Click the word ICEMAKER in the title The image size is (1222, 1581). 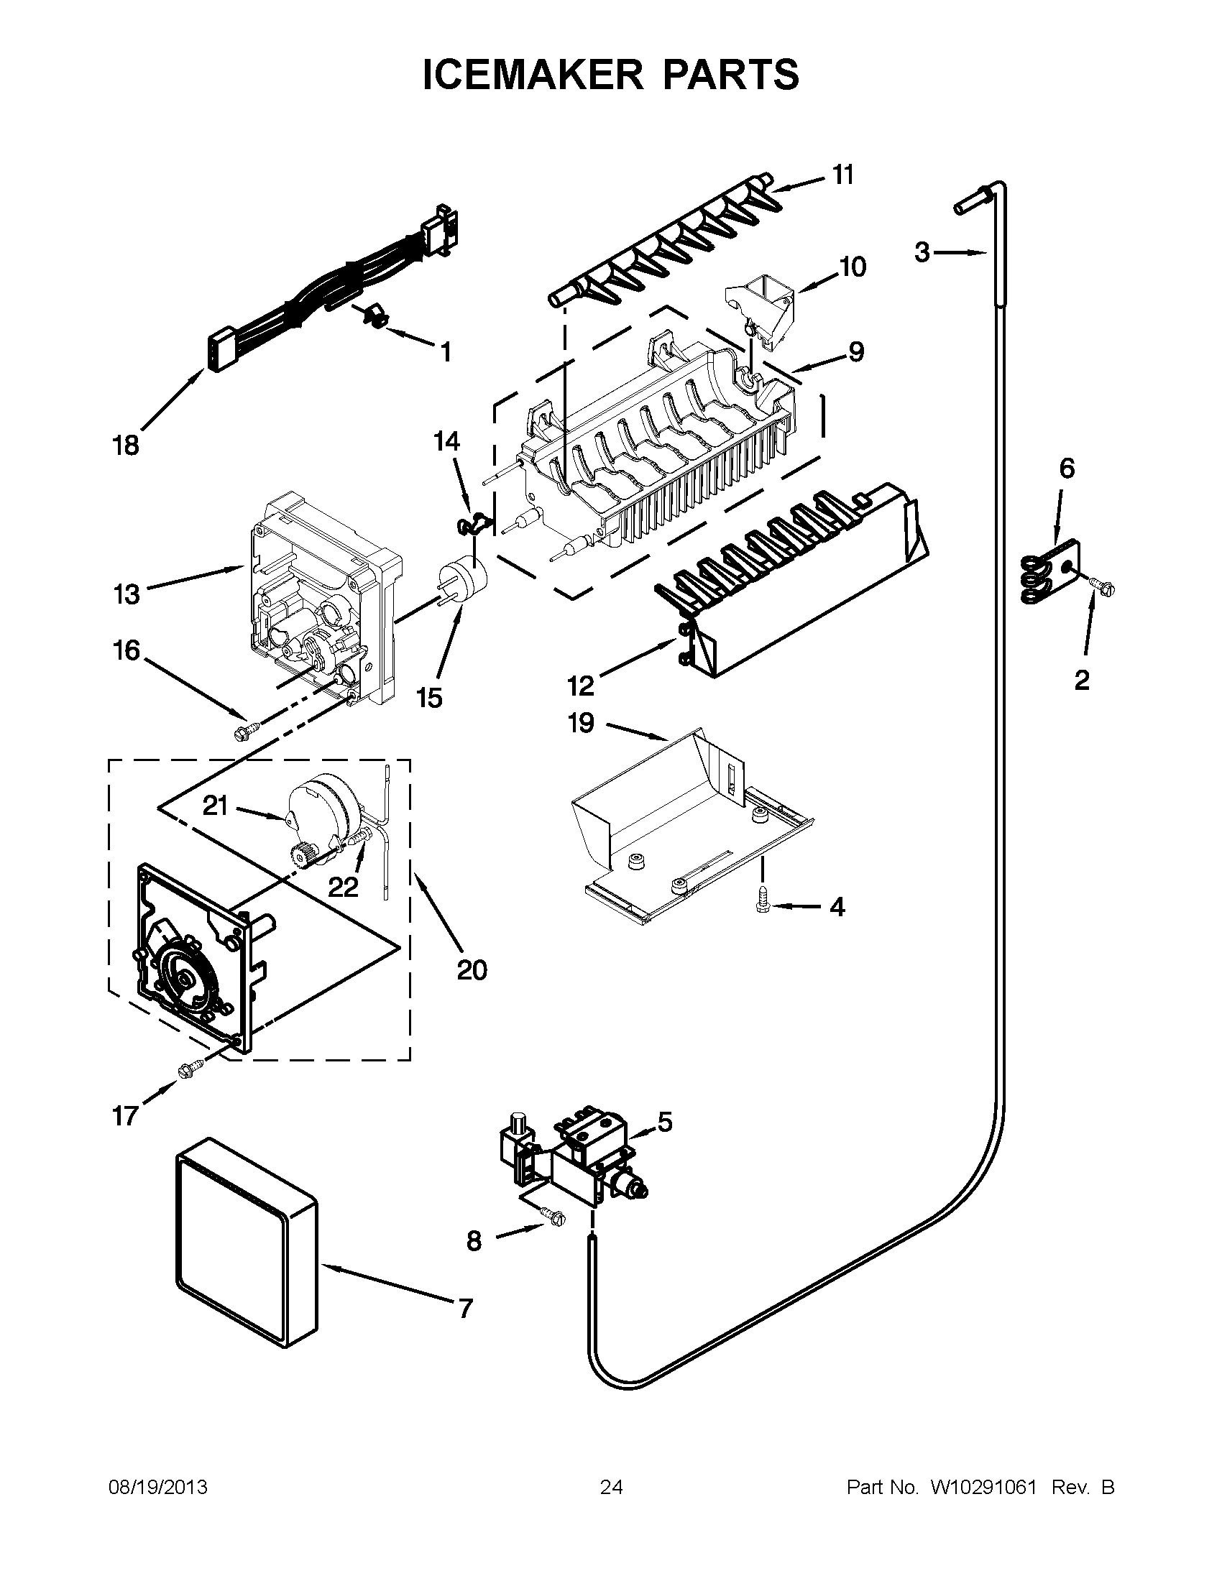(x=531, y=74)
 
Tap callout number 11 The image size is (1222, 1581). (x=842, y=175)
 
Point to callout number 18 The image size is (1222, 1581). (x=125, y=446)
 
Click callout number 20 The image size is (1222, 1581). (x=472, y=969)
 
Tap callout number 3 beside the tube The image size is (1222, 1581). (x=922, y=253)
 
